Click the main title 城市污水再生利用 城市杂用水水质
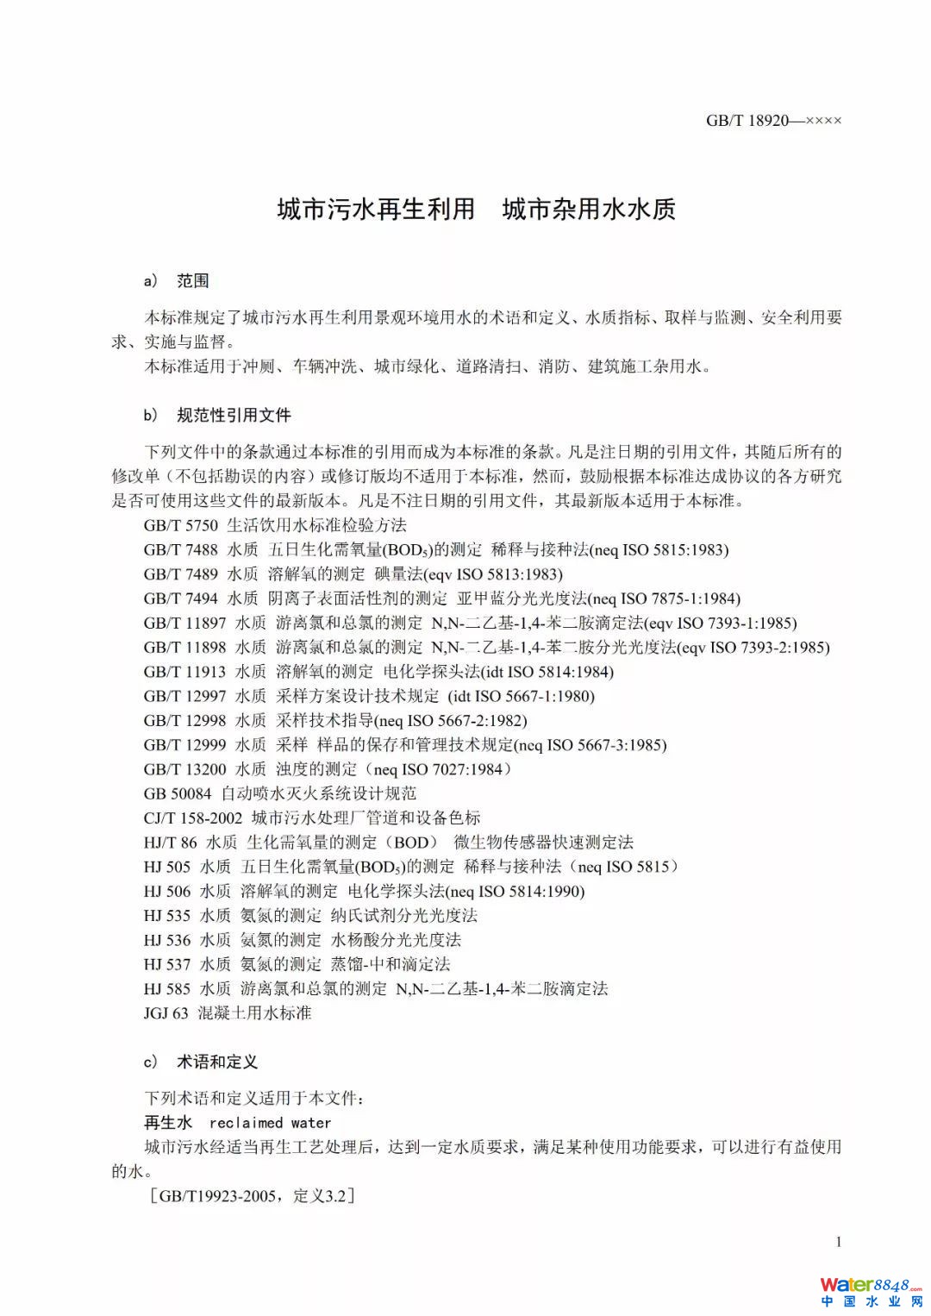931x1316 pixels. click(476, 210)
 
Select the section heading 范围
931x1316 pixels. click(193, 281)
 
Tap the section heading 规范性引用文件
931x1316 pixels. click(234, 416)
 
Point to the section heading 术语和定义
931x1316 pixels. click(217, 1062)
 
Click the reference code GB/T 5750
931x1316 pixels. click(180, 525)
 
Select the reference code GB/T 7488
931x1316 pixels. click(180, 550)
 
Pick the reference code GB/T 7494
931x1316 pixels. click(180, 598)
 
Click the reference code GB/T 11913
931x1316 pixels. click(184, 672)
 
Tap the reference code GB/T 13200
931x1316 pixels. click(184, 769)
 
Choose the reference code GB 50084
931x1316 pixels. click(178, 793)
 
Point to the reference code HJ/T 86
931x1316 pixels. click(170, 843)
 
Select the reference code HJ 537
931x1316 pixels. click(166, 964)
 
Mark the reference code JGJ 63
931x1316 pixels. click(166, 1013)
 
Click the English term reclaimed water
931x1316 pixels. click(270, 1123)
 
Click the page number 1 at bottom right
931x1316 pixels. click(838, 1242)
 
